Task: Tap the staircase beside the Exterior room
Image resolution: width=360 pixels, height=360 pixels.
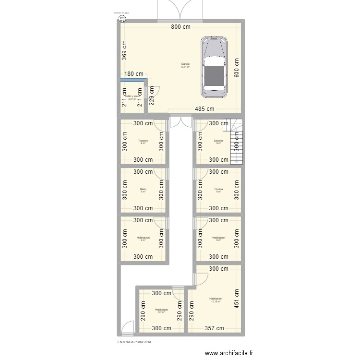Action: click(237, 142)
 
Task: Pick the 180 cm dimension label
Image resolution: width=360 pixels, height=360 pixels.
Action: click(134, 74)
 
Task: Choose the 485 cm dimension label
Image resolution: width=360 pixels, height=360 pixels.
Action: click(205, 109)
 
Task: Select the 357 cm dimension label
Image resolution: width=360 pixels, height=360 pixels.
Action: click(214, 328)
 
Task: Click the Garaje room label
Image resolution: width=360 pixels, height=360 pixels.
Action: click(185, 64)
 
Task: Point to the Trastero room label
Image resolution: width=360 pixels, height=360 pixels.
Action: click(143, 141)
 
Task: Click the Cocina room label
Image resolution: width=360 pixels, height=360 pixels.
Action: click(218, 189)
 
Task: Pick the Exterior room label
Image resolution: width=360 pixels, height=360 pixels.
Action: click(218, 141)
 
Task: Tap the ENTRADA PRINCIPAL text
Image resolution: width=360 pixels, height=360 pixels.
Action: click(134, 342)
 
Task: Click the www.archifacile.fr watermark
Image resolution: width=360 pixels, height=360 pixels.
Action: click(229, 353)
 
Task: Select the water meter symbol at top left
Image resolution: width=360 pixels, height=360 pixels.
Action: click(122, 19)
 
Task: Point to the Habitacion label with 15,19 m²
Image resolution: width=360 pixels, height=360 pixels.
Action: click(216, 299)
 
